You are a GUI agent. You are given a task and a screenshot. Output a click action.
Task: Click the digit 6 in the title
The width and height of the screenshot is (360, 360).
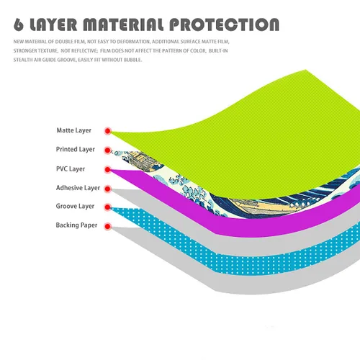click(x=19, y=24)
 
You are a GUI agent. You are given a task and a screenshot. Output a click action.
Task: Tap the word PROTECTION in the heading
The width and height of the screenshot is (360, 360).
click(x=224, y=24)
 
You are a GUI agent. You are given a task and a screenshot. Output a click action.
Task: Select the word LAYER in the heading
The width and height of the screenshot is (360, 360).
click(x=53, y=24)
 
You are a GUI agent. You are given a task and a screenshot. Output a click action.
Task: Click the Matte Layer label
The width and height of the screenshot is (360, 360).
click(x=74, y=130)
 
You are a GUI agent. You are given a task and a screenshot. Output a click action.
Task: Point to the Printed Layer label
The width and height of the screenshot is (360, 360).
click(x=76, y=149)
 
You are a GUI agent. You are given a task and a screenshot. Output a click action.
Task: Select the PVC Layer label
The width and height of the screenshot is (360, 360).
click(x=71, y=168)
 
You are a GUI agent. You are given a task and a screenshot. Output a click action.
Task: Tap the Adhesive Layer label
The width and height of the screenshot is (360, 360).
click(x=78, y=188)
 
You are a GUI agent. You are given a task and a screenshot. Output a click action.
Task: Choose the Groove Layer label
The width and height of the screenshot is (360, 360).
click(x=75, y=206)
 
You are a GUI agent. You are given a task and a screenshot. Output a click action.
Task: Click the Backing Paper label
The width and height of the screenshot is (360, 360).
click(x=76, y=225)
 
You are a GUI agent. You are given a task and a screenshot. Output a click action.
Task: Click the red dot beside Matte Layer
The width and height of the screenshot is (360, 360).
click(x=108, y=131)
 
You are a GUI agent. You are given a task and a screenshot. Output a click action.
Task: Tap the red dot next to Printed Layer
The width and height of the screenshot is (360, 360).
click(x=108, y=150)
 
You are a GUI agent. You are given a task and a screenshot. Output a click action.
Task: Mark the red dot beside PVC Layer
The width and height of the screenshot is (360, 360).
click(x=108, y=170)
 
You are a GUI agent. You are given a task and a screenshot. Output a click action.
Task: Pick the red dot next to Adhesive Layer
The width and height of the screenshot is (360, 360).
click(x=108, y=189)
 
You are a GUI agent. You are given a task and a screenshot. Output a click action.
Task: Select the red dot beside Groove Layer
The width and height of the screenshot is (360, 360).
click(x=108, y=207)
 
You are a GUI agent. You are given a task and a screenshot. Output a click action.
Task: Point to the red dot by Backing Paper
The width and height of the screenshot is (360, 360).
click(x=108, y=226)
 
